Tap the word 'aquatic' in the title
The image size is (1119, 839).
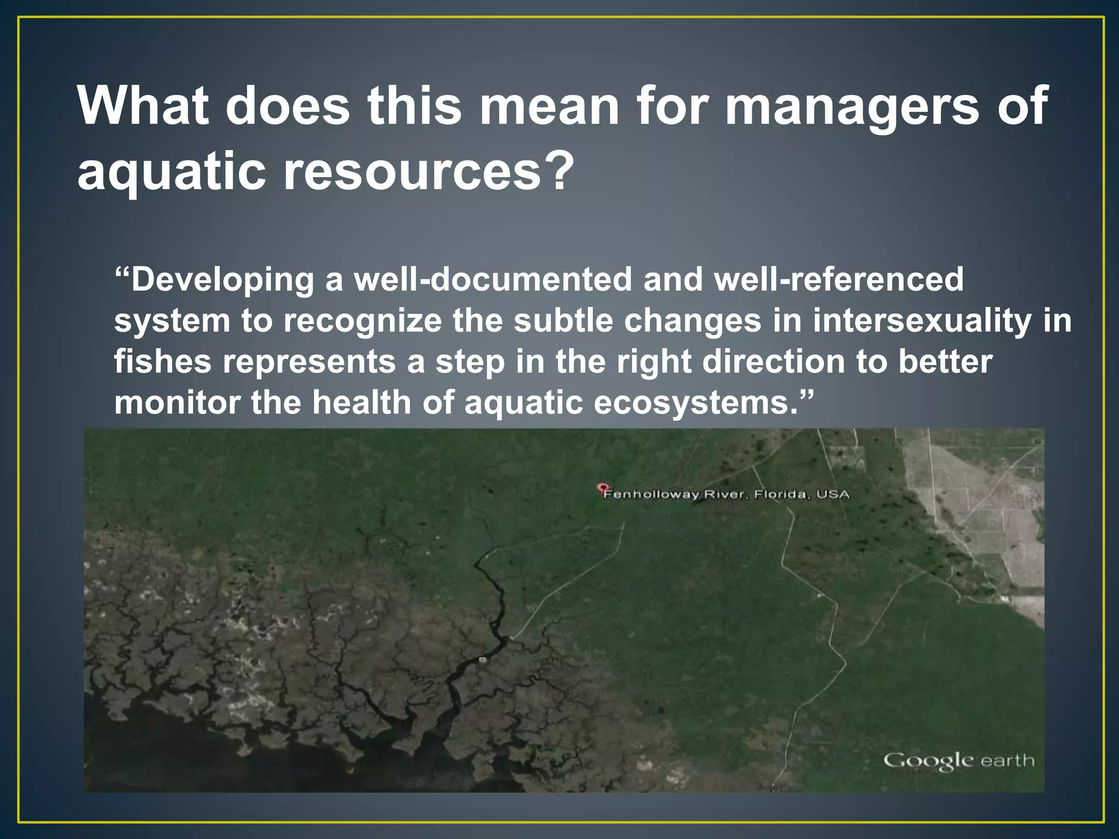tap(171, 172)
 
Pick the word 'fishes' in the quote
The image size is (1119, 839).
tap(162, 362)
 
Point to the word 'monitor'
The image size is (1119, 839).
tap(177, 403)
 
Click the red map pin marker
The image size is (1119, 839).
tap(603, 487)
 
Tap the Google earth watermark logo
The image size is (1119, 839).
tap(958, 761)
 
